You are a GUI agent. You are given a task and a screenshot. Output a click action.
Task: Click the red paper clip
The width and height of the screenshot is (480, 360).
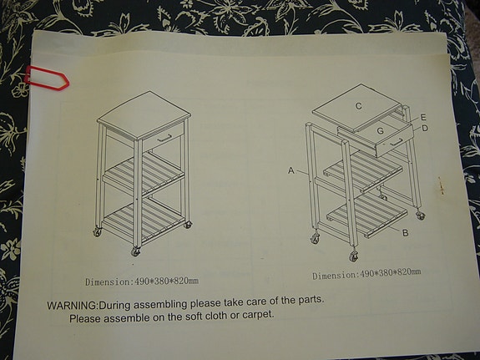click(x=44, y=78)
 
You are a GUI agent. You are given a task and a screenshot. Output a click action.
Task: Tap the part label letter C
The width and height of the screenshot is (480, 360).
click(x=358, y=106)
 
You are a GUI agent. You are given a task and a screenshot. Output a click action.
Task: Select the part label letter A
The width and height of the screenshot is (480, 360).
click(x=291, y=170)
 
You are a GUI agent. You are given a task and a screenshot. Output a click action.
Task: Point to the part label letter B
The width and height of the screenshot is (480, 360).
click(x=405, y=233)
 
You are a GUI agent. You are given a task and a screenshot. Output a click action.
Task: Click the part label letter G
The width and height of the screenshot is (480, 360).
click(x=380, y=131)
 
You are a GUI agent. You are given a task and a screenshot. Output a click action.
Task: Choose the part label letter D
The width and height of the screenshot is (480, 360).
click(x=425, y=129)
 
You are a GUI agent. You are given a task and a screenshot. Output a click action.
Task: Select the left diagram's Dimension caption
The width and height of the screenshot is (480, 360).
click(x=141, y=281)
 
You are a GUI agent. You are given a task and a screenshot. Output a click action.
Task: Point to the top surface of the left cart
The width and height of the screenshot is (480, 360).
click(x=144, y=108)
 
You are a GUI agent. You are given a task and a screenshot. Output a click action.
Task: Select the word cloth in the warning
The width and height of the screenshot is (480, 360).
click(x=196, y=317)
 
